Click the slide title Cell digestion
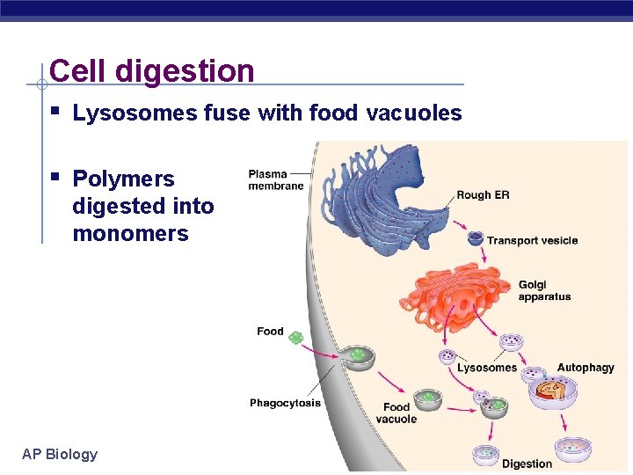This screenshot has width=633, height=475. [x=152, y=70]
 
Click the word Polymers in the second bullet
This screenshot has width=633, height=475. [x=123, y=179]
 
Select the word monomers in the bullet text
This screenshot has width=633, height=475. [x=130, y=233]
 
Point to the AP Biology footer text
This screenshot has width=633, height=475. [x=60, y=454]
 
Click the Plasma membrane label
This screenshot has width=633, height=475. [x=275, y=179]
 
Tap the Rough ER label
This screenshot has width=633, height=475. [x=483, y=195]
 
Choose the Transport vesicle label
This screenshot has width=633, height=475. [x=532, y=240]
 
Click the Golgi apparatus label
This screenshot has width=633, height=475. [x=544, y=290]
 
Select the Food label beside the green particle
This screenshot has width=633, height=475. [x=270, y=332]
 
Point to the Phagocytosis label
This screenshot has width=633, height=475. [x=285, y=403]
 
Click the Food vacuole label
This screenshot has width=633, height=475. [x=397, y=413]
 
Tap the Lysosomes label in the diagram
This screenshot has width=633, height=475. [x=487, y=368]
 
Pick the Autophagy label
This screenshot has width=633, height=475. [x=586, y=368]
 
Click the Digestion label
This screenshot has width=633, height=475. [x=527, y=464]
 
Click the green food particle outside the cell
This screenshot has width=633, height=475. [x=296, y=337]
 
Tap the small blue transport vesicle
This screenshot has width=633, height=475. [x=475, y=237]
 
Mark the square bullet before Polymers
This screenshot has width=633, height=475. [x=55, y=178]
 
